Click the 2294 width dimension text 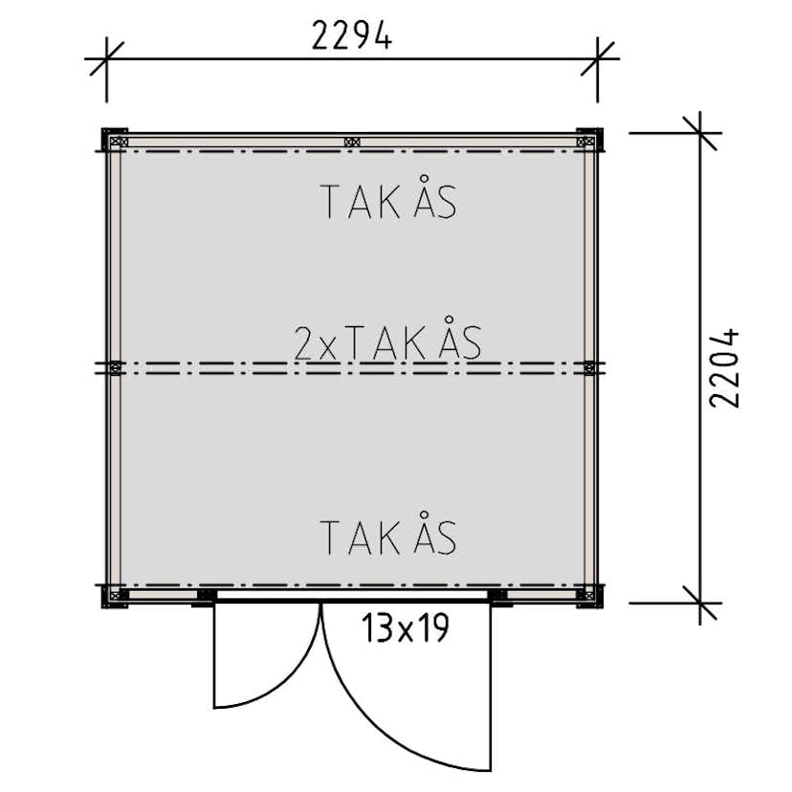352,35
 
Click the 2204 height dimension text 724,367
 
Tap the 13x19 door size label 406,628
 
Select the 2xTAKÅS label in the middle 388,339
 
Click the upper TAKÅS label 388,197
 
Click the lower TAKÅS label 388,534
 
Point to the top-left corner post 115,140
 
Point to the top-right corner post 590,140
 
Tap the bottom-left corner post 115,596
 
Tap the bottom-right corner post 590,596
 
